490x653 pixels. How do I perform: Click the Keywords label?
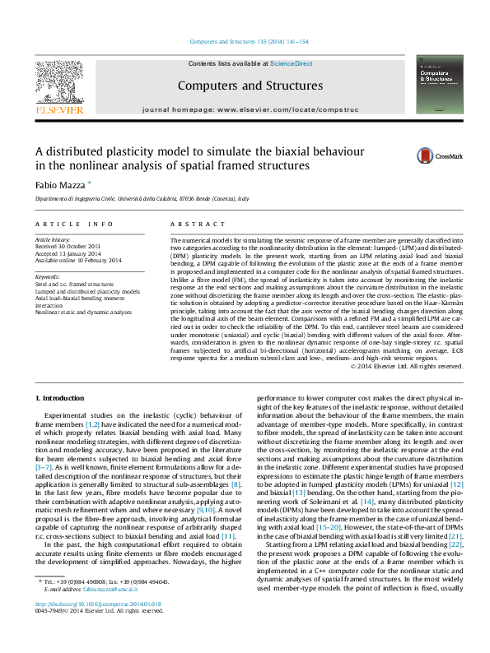click(x=48, y=276)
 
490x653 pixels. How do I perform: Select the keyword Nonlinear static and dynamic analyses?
click(x=82, y=313)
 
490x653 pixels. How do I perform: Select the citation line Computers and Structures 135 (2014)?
click(x=249, y=41)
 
